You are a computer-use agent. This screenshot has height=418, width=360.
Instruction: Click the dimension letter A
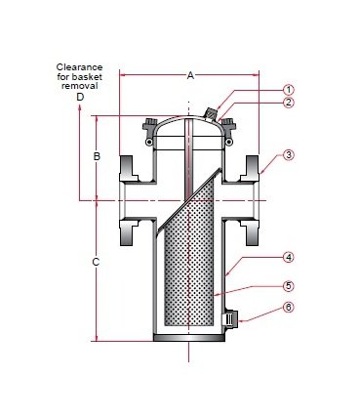(x=189, y=73)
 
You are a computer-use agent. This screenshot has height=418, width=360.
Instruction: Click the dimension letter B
(x=97, y=156)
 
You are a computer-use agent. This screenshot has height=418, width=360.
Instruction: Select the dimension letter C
(x=96, y=262)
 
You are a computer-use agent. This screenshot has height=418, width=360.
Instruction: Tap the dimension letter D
(x=80, y=98)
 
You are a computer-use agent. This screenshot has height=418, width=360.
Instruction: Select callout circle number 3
(x=289, y=155)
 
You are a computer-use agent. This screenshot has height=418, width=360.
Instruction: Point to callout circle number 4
(x=289, y=258)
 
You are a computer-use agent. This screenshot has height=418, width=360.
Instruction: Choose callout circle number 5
(x=289, y=286)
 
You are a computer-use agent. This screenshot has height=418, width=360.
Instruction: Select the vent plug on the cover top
(x=212, y=115)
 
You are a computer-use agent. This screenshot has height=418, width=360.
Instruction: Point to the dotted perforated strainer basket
(x=185, y=273)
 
